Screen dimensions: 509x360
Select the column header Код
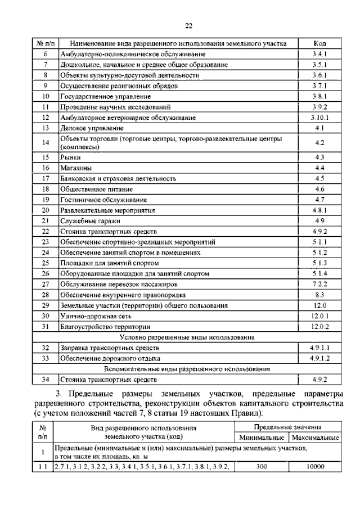tap(319, 43)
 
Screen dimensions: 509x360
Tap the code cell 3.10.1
tap(319, 118)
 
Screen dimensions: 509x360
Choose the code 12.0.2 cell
tap(319, 327)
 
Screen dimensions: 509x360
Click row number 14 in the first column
tap(46, 143)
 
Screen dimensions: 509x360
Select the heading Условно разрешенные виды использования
tap(187, 337)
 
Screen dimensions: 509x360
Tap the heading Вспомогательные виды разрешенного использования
tap(187, 368)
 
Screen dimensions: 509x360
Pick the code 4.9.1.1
tap(319, 348)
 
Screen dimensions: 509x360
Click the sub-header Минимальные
tap(260, 438)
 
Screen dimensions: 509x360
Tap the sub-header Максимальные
tap(314, 438)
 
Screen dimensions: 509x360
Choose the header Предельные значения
tap(287, 427)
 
